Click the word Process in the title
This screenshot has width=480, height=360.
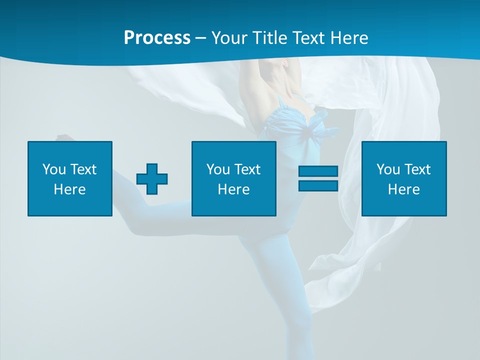click(x=157, y=38)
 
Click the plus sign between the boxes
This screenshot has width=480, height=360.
click(x=152, y=179)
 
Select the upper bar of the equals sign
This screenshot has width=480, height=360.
click(x=318, y=171)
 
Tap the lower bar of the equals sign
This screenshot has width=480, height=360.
click(x=318, y=185)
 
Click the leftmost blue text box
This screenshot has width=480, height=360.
click(x=70, y=178)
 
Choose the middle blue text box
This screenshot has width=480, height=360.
click(x=233, y=178)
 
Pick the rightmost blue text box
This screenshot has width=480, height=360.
click(x=404, y=178)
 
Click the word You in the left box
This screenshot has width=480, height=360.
click(x=54, y=169)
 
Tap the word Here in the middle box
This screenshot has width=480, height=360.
click(x=233, y=189)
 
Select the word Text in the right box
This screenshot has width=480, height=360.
click(x=417, y=169)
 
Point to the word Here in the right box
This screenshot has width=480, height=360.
click(x=404, y=189)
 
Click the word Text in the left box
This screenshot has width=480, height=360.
click(x=83, y=169)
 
